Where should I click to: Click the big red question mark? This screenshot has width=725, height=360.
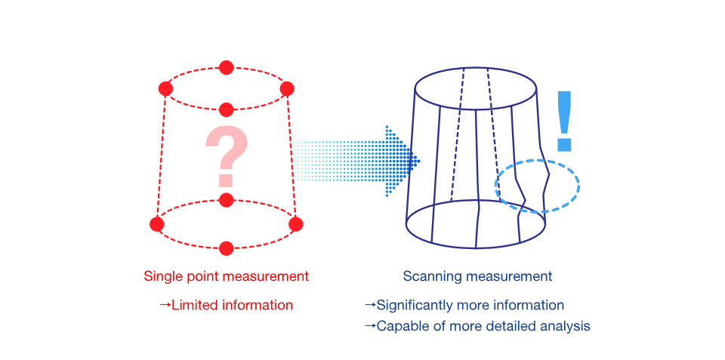(x=226, y=155)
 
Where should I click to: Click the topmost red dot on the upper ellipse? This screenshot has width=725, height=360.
(x=226, y=68)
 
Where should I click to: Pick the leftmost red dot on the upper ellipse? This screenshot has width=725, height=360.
(x=165, y=89)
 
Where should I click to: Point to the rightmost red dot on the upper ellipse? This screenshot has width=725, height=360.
(x=287, y=89)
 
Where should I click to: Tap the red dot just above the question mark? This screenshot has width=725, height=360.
(x=226, y=110)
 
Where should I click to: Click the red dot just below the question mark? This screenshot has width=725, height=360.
(x=226, y=200)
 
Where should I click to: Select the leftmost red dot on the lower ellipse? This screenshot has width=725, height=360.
(x=157, y=224)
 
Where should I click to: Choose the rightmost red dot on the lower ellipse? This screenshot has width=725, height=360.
(x=295, y=224)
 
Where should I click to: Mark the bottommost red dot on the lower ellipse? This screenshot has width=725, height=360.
(x=226, y=248)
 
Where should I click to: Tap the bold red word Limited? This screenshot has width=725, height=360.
(x=193, y=306)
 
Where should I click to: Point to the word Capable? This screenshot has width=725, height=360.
(x=401, y=327)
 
